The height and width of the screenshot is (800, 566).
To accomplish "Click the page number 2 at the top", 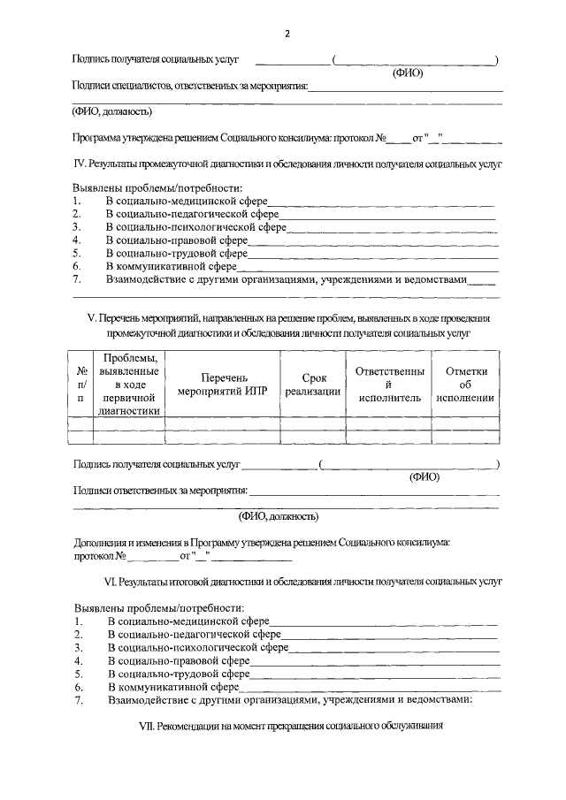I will [x=287, y=34].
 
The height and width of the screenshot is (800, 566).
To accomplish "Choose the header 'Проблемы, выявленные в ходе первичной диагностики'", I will [x=130, y=384].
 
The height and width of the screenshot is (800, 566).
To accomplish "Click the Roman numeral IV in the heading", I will [x=79, y=164].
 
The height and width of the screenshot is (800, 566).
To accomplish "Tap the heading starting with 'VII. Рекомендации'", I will [x=285, y=727].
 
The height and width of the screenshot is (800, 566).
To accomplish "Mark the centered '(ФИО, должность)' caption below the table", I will [x=279, y=516].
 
